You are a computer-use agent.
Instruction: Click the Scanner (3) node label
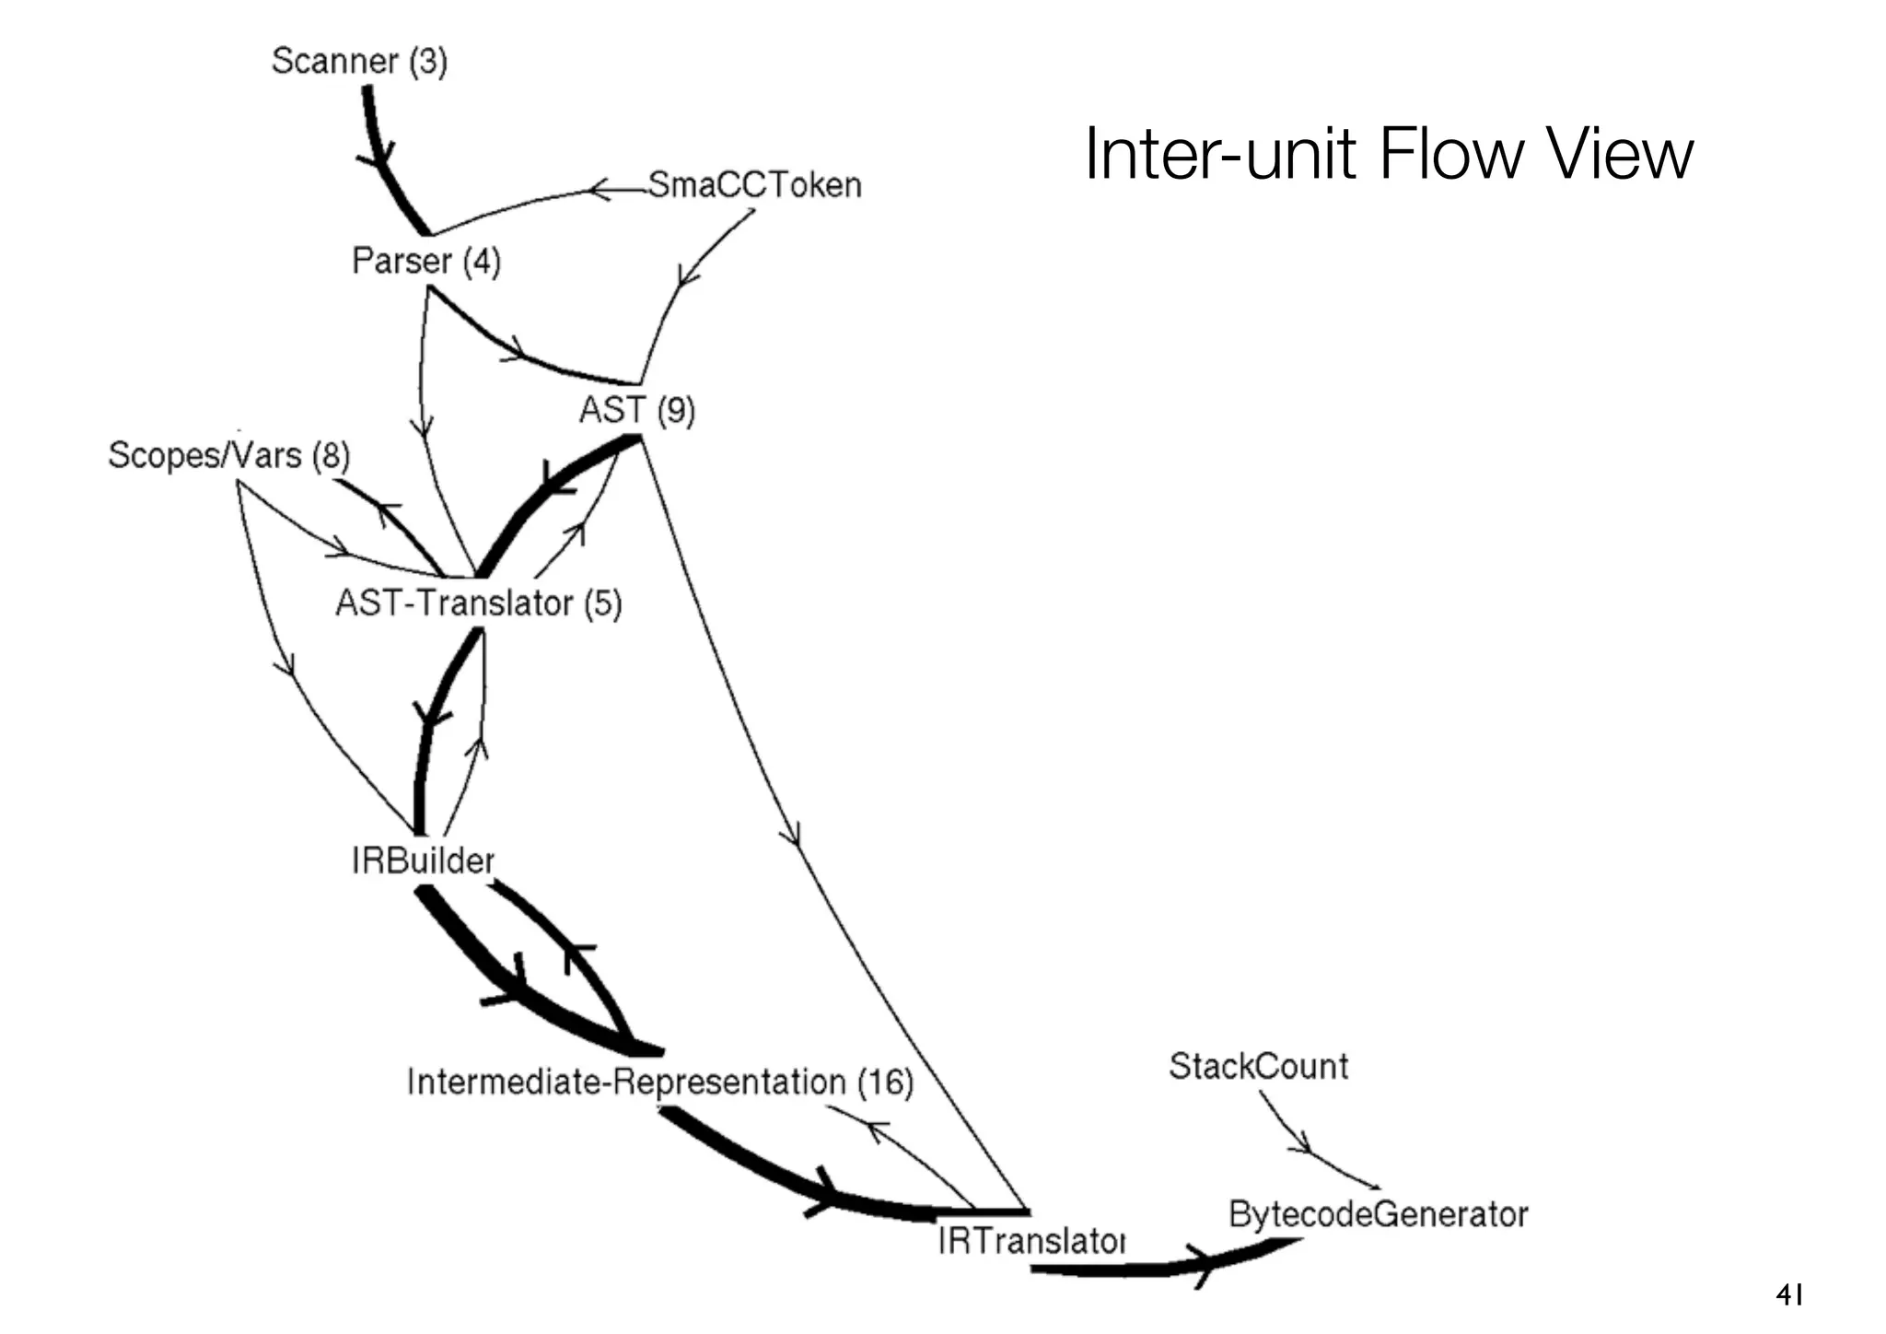coord(359,62)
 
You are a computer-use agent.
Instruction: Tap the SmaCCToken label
coord(755,185)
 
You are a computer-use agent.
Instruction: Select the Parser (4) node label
coord(425,262)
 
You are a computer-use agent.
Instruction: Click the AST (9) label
coord(636,410)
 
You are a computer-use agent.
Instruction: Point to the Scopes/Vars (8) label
coord(229,455)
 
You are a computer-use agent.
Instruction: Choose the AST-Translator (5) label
coord(478,603)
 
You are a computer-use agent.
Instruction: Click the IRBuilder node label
coord(423,861)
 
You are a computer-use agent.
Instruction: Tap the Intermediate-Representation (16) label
coord(659,1082)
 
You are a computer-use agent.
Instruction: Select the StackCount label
coord(1258,1067)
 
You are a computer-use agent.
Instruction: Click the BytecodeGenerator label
coord(1378,1214)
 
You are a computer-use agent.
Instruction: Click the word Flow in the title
coord(1456,154)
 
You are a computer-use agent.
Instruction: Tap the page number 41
coord(1789,1295)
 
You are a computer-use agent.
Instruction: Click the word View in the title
coord(1621,154)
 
